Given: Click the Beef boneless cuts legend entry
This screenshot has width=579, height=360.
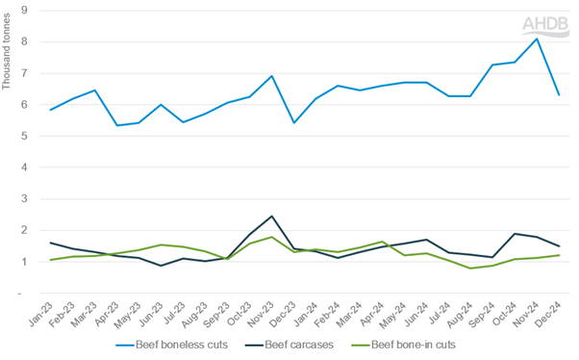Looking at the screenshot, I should (170, 344).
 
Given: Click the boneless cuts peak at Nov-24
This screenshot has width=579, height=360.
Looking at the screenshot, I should (537, 39).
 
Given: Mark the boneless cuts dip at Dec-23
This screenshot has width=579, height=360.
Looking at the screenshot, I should (294, 122).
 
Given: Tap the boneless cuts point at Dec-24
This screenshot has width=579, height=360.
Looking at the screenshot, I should (559, 94).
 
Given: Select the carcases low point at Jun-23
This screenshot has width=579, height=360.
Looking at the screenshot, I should (162, 265).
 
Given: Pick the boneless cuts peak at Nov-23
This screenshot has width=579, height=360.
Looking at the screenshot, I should (273, 76).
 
